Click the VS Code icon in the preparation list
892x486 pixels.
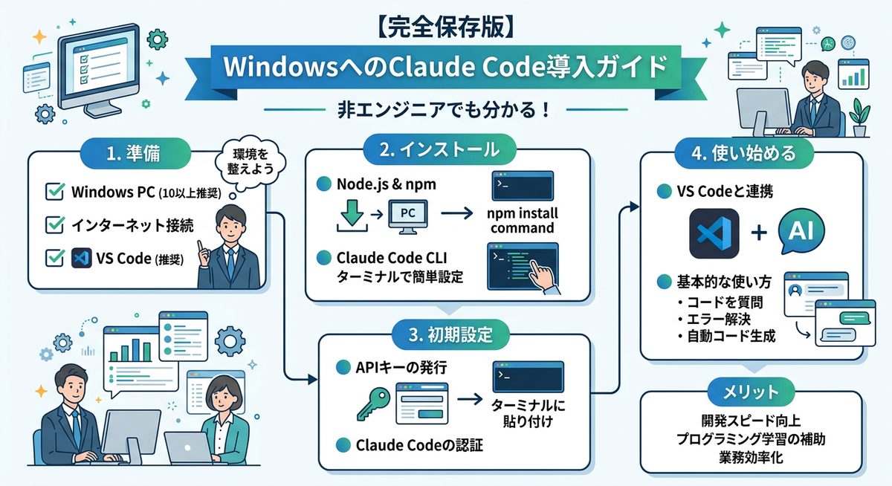(x=80, y=259)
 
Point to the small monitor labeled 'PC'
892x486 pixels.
(x=407, y=214)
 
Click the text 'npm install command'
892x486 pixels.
(x=523, y=221)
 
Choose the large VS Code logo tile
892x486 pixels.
(x=714, y=233)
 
